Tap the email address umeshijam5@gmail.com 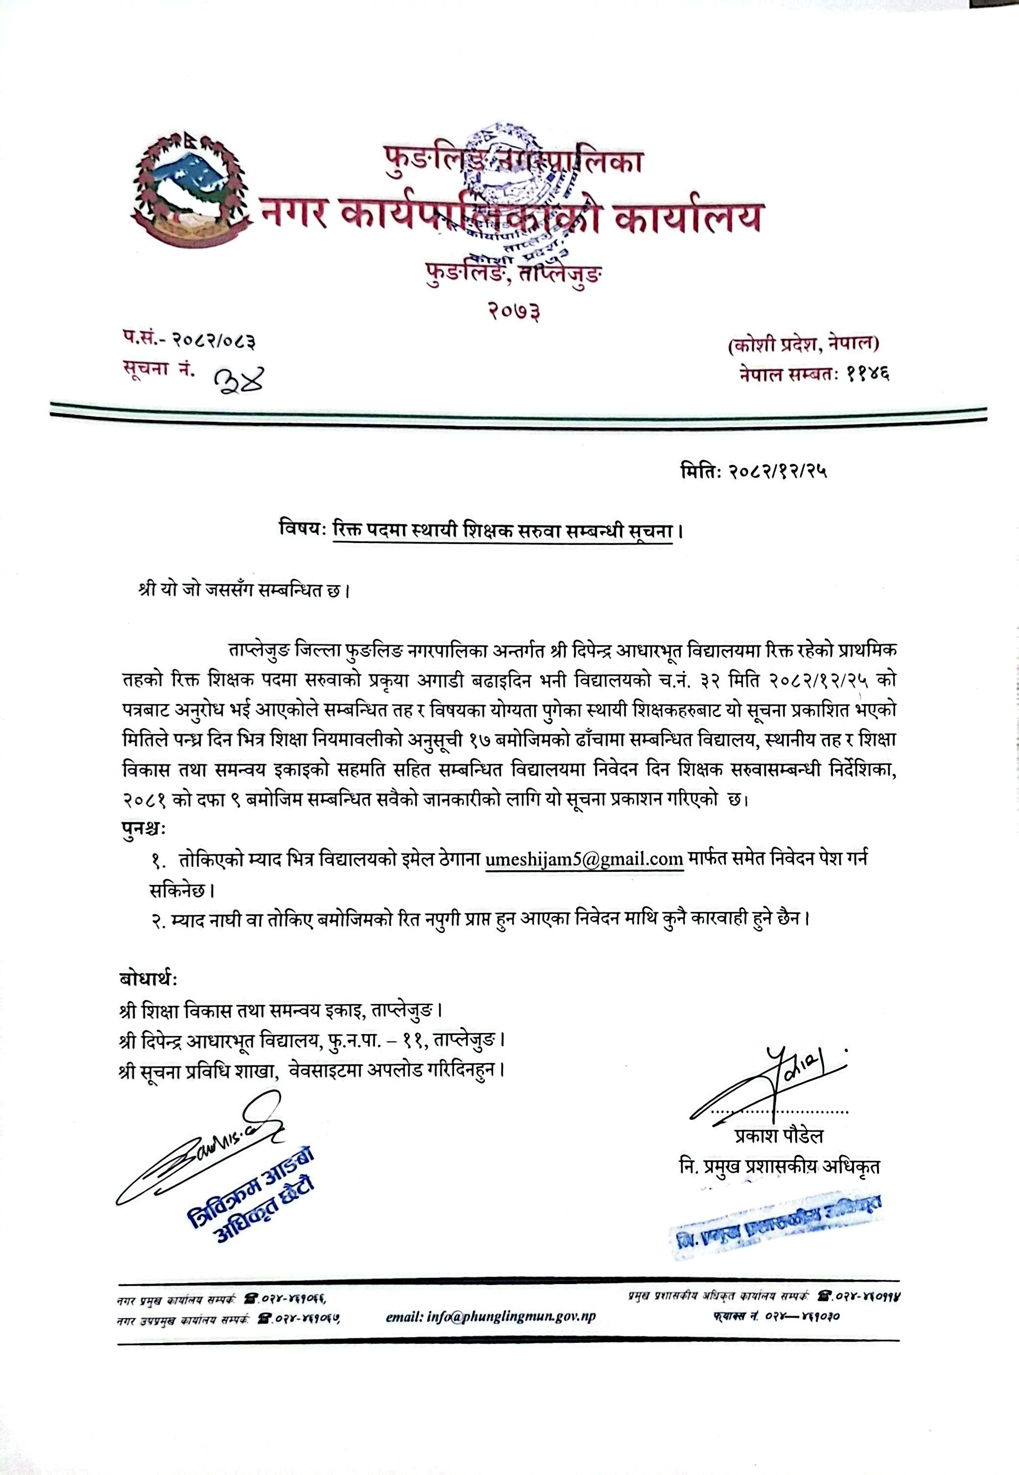pyautogui.click(x=584, y=859)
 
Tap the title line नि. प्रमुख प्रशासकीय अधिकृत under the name pyautogui.click(x=780, y=1166)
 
